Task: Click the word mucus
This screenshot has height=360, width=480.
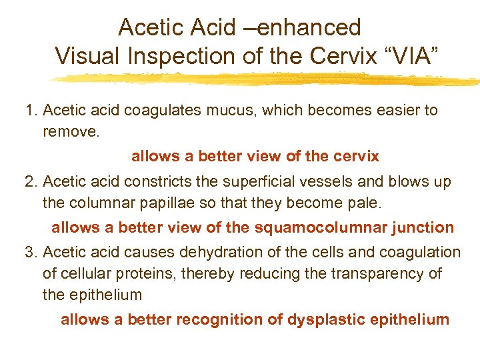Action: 226,110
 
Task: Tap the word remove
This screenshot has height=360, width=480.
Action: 70,131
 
